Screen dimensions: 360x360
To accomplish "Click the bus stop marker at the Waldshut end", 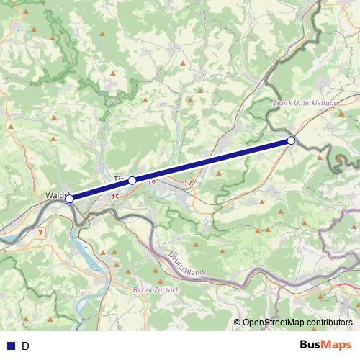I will pos(69,199).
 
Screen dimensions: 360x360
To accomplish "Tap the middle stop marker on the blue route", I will pos(132,181).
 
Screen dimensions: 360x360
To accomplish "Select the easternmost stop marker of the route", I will pos(291,140).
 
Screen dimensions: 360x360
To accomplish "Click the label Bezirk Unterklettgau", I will pos(305,104).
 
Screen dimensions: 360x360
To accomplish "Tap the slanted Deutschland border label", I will pos(186,266).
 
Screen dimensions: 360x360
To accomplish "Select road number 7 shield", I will pos(40,233).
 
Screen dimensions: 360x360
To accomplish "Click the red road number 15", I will pos(114,196).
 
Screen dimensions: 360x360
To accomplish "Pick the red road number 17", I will pos(188,184).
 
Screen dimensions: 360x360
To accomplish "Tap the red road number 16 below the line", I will pos(152,182).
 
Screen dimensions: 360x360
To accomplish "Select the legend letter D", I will pos(25,346).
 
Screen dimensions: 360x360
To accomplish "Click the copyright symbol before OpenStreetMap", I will pos(237,323).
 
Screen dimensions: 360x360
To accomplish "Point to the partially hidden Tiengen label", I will pos(120,178).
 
